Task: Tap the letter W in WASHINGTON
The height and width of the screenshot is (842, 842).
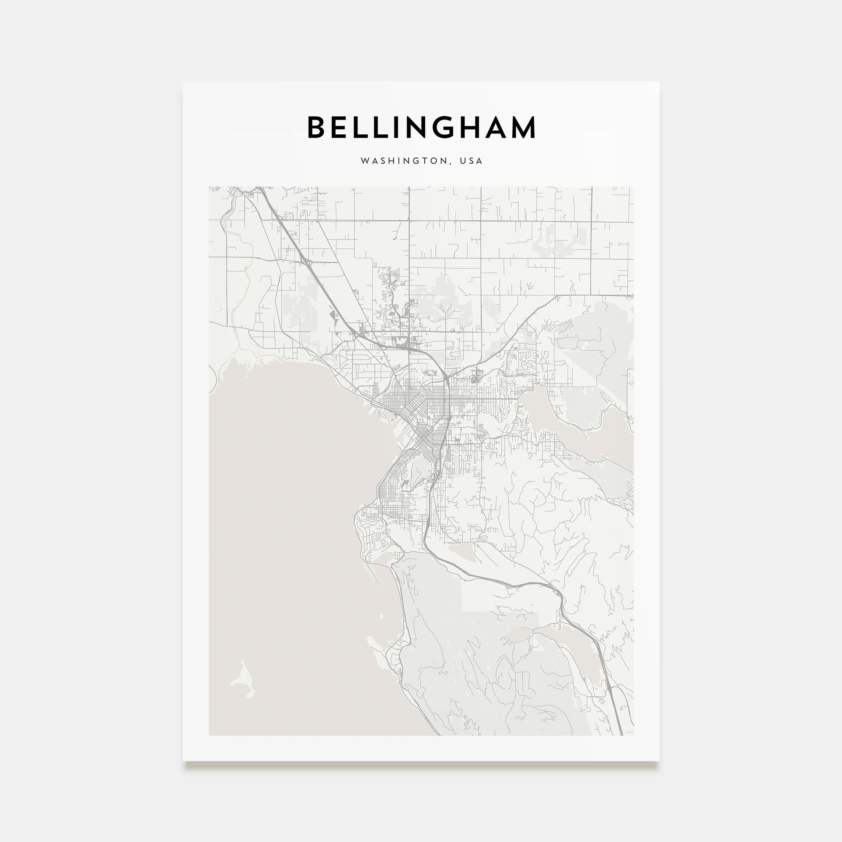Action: [x=364, y=161]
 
